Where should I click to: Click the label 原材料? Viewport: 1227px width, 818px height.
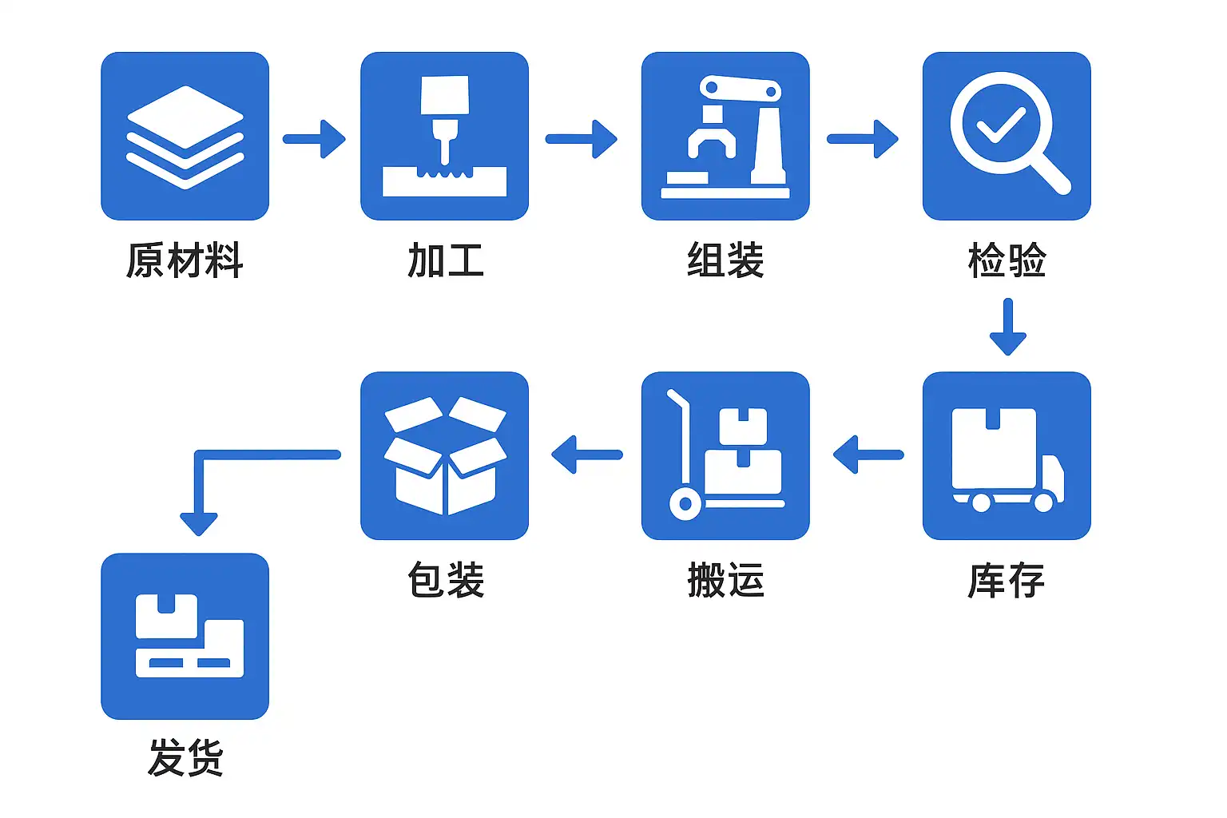(185, 260)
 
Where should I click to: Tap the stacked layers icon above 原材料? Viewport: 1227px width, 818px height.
(185, 137)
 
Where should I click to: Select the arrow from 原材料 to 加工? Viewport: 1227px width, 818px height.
(315, 139)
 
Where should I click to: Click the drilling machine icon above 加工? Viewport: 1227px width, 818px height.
(444, 137)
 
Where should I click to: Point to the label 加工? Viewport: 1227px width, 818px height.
(446, 260)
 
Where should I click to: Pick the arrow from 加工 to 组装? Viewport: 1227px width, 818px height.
(582, 139)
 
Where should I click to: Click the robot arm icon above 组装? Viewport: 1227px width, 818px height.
(725, 137)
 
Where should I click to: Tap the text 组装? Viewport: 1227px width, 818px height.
(725, 260)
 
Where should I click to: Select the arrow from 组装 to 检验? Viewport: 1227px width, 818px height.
(863, 139)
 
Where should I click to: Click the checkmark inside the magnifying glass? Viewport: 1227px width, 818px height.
(1001, 125)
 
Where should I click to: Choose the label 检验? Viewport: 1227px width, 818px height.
(1007, 260)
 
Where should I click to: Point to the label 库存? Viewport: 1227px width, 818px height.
(1007, 580)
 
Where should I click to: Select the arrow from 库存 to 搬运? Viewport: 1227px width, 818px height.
(868, 455)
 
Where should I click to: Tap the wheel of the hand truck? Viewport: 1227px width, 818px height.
(685, 504)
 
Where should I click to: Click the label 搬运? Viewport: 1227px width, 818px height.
(725, 580)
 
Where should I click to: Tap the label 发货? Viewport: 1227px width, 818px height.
(185, 757)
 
